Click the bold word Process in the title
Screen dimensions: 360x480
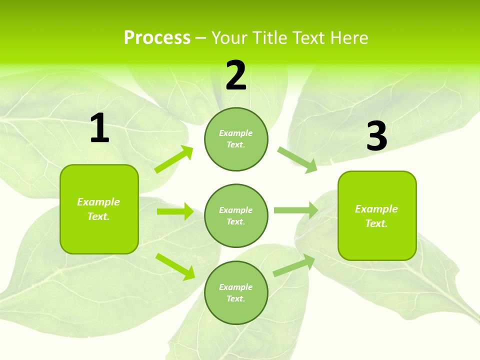point(157,38)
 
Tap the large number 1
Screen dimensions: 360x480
point(99,128)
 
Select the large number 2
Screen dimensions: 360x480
point(236,75)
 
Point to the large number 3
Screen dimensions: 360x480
point(376,136)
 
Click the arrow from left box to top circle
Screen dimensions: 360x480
point(174,159)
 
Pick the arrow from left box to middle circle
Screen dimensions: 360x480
point(175,211)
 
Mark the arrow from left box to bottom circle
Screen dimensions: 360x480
point(175,266)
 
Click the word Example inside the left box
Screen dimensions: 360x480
point(98,202)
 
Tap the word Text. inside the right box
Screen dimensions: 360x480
point(376,223)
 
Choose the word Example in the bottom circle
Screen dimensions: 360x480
point(236,287)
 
